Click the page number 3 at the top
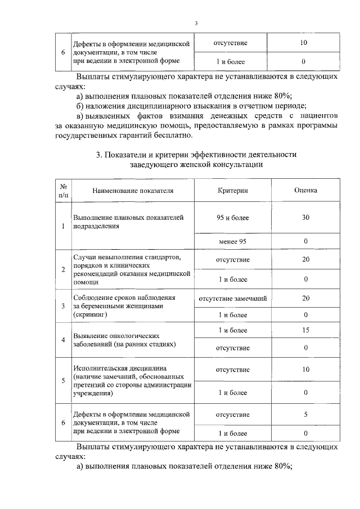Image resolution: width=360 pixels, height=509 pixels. pos(196,24)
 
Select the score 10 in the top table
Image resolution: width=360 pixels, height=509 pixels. pos(304,43)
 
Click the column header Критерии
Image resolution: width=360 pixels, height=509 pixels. pos(233,190)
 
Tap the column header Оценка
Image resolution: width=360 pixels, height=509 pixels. pos(305,190)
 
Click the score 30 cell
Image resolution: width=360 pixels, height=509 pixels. pos(305,217)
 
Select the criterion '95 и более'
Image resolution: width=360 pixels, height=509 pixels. pos(232,217)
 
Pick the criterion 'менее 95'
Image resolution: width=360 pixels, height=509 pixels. pos(232,241)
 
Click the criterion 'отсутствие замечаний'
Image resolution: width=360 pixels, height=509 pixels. pos(232,298)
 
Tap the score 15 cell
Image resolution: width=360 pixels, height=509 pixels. pos(305,331)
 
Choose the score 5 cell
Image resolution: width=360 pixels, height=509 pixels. pos(305,415)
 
